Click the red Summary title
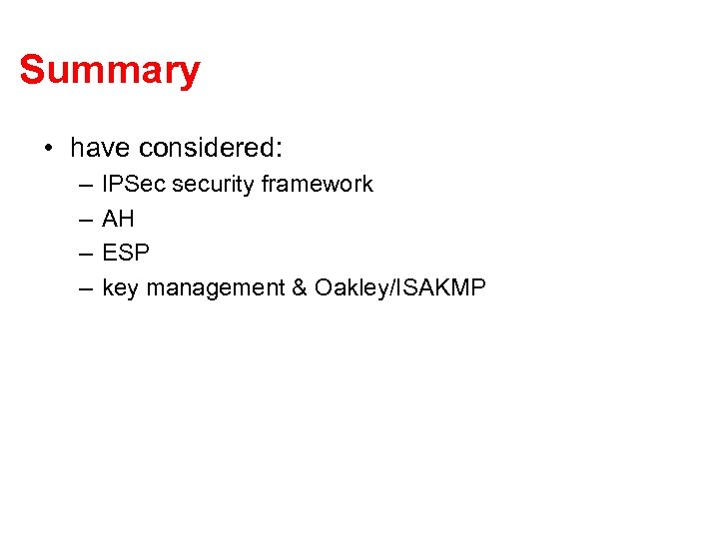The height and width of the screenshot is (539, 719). tap(110, 71)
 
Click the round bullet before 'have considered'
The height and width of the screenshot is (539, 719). tap(48, 150)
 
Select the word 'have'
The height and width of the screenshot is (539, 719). tap(101, 149)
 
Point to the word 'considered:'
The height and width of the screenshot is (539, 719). tap(212, 149)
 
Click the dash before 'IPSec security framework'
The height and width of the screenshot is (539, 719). tap(81, 185)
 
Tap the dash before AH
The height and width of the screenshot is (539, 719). tap(81, 220)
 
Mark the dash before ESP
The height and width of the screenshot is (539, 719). tap(81, 254)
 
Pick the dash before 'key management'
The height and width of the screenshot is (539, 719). tap(81, 288)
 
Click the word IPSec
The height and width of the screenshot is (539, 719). tap(134, 185)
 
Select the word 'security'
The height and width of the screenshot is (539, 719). tap(215, 185)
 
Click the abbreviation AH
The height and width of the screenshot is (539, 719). tap(118, 220)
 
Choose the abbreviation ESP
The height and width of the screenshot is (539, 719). tap(126, 254)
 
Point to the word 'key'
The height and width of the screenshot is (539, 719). tap(121, 288)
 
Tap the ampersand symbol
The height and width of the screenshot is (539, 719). tap(300, 288)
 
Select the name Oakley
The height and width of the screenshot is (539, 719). tap(353, 288)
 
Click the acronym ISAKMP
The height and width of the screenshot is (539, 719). tap(442, 288)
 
